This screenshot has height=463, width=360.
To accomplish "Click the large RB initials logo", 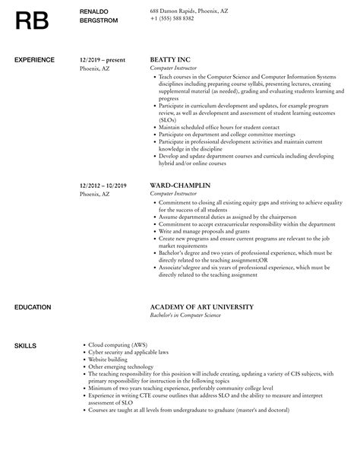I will point(34,21).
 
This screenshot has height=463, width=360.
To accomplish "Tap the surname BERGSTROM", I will point(100,21).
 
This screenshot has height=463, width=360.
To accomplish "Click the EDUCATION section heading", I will point(33,307).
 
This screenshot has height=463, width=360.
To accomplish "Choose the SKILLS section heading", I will point(25,346).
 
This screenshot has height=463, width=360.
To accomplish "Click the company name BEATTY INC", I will point(171,59).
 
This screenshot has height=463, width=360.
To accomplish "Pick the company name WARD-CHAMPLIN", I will point(181,185).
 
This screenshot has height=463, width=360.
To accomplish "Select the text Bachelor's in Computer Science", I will point(185,316).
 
